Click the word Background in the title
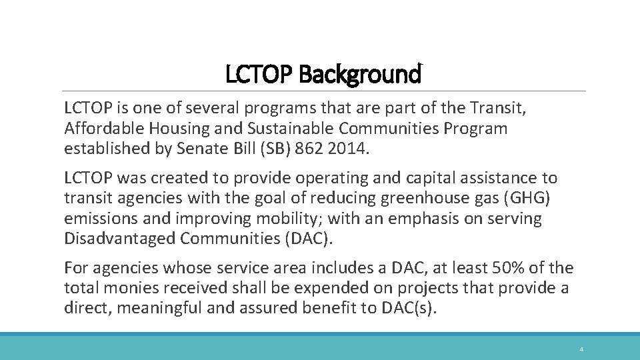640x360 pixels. click(360, 75)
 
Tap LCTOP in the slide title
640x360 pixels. click(260, 75)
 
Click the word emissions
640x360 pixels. click(95, 219)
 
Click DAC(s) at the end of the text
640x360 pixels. click(413, 308)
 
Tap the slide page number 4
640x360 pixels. click(581, 349)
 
